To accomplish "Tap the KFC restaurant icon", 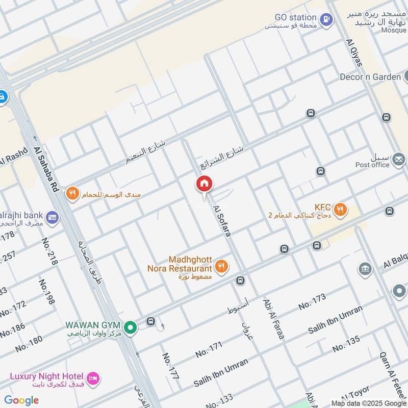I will point(341,209).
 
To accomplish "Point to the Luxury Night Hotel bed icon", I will point(93,378).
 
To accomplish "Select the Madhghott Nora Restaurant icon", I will point(221,265).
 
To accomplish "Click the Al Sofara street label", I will point(223,220).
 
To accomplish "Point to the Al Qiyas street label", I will point(354,53).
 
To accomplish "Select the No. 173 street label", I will point(312,302).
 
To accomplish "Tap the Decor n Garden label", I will point(370,77).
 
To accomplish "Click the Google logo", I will point(21,400).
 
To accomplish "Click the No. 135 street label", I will point(346,344).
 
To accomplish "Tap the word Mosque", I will point(394,30).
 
